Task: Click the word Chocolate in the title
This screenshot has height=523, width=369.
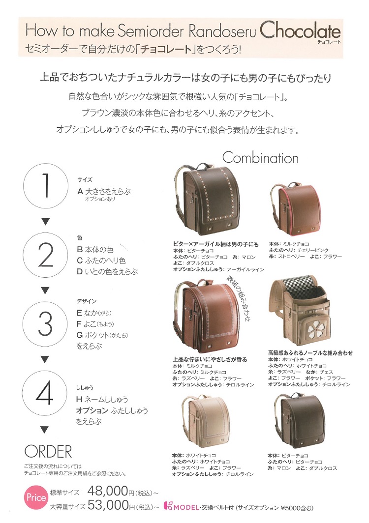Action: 300,31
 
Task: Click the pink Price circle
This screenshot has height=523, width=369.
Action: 36,497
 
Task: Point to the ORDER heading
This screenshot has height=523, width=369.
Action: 48,452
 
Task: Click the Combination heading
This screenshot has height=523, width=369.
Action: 260,158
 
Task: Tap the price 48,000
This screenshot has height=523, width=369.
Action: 108,492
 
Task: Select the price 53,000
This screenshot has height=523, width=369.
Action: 108,506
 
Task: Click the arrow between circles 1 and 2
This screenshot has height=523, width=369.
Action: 46,221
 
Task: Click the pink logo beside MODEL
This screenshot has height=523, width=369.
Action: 168,506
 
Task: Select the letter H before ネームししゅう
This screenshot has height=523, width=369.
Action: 79,399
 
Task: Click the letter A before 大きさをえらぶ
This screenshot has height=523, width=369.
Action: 80,192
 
